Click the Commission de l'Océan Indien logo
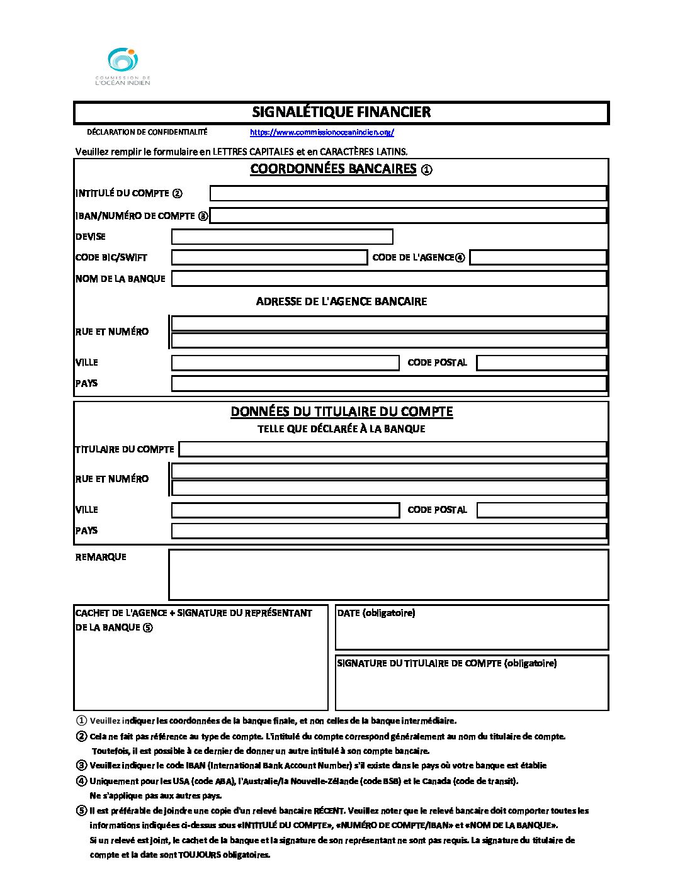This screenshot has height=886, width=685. pos(123,66)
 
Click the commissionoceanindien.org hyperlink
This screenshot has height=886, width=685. pos(322,132)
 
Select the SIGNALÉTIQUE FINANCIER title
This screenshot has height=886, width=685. pos(341,112)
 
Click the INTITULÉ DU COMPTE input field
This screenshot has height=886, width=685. pos(408,193)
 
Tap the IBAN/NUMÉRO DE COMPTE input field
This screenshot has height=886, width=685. pos(408,216)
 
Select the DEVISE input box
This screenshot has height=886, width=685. pos(282,237)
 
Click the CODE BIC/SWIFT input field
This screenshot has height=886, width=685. pos(269,257)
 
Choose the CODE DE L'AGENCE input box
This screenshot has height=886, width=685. pos(538,257)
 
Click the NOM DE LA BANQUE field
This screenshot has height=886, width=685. pos(389,278)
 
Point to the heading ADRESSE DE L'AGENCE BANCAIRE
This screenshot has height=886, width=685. pos(341,301)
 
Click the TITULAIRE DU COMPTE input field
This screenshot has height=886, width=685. pos(393,449)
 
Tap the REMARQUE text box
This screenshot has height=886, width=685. pos(388,575)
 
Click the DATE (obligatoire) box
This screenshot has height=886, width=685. pos(472,627)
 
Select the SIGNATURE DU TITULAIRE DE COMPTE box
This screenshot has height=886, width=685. pos(472,683)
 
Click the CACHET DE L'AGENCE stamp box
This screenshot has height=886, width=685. pos(201,658)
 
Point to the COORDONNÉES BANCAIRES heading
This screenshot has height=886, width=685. pos(334,169)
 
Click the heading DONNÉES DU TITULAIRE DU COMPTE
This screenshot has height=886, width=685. pos(341,412)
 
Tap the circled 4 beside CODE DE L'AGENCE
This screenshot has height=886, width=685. pos(460,257)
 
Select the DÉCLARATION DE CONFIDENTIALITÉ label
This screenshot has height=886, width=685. pos(147,132)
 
